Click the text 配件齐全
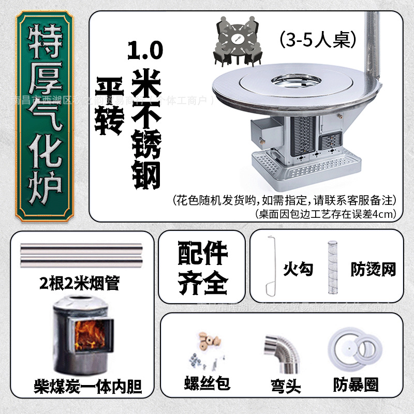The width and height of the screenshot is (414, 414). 202,267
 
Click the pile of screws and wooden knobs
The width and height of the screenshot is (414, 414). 202,352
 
